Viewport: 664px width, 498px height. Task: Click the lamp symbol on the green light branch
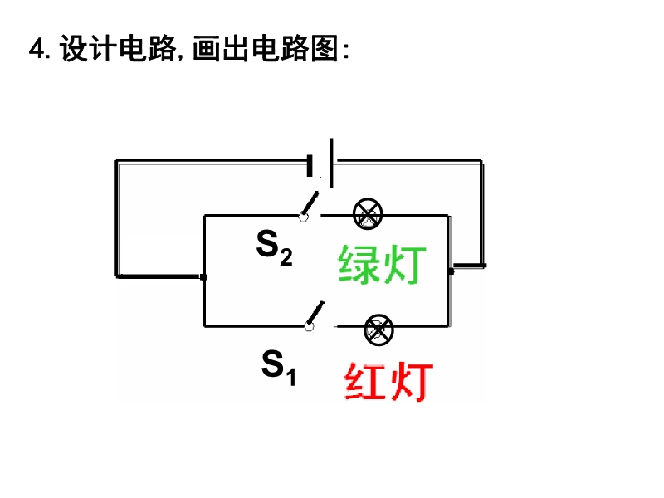pyautogui.click(x=368, y=214)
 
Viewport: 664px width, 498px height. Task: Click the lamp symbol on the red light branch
pyautogui.click(x=378, y=330)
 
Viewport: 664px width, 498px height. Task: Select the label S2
pyautogui.click(x=275, y=248)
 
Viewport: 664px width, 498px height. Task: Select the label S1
pyautogui.click(x=279, y=368)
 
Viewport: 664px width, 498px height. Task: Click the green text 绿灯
pyautogui.click(x=382, y=265)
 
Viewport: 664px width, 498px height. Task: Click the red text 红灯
pyautogui.click(x=388, y=381)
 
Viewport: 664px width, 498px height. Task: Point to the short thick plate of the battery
pyautogui.click(x=310, y=165)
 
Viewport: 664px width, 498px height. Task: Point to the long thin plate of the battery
pyautogui.click(x=331, y=163)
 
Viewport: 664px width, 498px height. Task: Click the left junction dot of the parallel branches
pyautogui.click(x=203, y=277)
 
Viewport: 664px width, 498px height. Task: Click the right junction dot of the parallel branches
pyautogui.click(x=451, y=271)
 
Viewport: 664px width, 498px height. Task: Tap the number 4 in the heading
pyautogui.click(x=37, y=49)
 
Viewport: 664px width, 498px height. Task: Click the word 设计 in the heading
pyautogui.click(x=88, y=48)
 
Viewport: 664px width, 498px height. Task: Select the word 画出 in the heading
pyautogui.click(x=221, y=48)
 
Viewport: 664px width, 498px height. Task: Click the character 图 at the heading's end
pyautogui.click(x=325, y=48)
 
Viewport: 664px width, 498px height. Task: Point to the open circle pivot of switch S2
pyautogui.click(x=303, y=217)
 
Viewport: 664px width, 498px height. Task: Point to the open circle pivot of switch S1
pyautogui.click(x=309, y=326)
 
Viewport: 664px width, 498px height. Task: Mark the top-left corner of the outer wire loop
pyautogui.click(x=115, y=160)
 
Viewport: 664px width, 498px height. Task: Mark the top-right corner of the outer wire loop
pyautogui.click(x=482, y=160)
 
